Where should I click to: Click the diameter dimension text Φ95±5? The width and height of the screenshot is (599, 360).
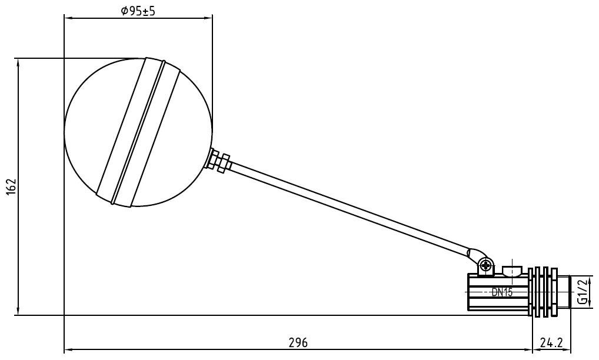pos(138,11)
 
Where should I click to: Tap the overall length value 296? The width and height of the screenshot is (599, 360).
pos(298,342)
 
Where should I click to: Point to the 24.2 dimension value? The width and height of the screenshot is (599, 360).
pos(552,342)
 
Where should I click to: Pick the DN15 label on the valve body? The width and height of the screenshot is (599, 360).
pos(501,292)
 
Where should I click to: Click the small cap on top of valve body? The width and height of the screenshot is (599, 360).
pos(513,271)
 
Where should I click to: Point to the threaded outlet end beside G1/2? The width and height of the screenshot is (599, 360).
pos(565,291)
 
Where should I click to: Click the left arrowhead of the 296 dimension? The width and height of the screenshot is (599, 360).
pos(66,350)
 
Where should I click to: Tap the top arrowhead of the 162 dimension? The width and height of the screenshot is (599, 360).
pos(18,61)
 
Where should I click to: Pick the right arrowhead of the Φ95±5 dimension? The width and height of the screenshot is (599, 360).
pos(209,18)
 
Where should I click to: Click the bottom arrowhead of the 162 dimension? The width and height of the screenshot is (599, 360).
pos(18,312)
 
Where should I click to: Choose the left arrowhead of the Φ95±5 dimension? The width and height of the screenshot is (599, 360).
pos(66,18)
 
